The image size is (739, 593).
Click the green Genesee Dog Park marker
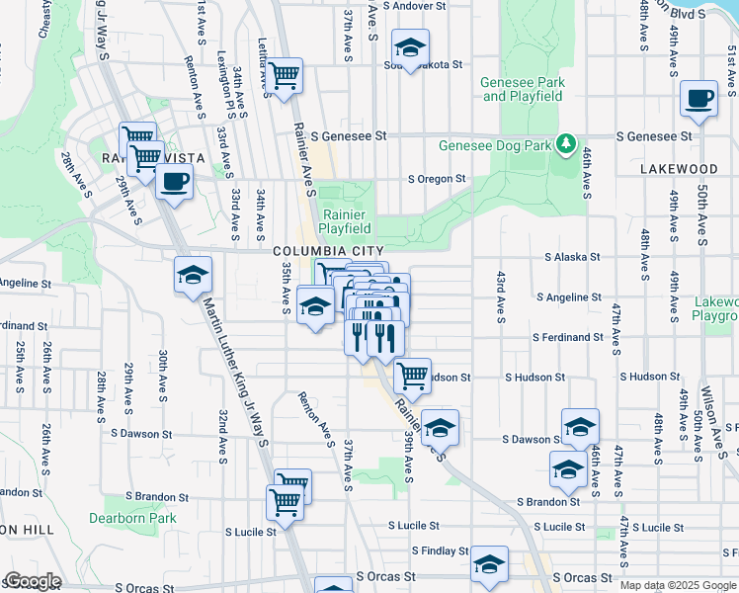[x=565, y=145]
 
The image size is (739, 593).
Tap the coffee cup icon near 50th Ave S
[x=699, y=99]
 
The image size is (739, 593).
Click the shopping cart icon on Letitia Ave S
[x=285, y=75]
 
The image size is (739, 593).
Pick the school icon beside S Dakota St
[x=410, y=48]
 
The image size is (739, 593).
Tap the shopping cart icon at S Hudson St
[x=412, y=376]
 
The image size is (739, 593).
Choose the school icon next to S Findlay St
[x=489, y=564]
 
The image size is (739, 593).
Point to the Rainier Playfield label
[x=344, y=222]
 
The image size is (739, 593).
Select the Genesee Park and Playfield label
[x=523, y=89]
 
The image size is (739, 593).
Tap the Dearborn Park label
[x=131, y=518]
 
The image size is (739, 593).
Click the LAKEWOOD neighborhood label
[x=678, y=169]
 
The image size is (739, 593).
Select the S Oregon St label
[x=437, y=179]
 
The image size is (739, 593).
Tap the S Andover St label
[x=422, y=6]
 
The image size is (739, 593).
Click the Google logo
[x=33, y=581]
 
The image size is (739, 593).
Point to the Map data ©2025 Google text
[x=678, y=585]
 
